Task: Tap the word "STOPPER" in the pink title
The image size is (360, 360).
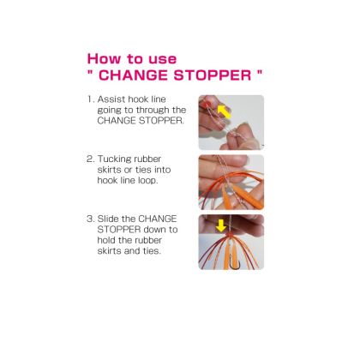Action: coord(213,75)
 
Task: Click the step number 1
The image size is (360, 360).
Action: coord(90,99)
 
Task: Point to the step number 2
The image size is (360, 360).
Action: coord(90,159)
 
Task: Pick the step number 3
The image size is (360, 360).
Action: coord(90,219)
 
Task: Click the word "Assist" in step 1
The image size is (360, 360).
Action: coord(111,99)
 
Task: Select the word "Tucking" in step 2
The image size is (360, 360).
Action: coord(113,159)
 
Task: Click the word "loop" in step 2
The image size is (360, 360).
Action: coord(147,181)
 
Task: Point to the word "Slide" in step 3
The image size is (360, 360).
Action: coord(108,219)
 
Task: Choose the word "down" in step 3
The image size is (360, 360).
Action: coord(154,230)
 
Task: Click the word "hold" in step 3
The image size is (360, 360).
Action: coord(106,240)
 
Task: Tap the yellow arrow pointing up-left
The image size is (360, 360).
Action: coord(224,111)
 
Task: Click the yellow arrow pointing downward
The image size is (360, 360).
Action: coord(221,225)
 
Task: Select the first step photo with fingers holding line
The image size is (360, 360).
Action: coord(231,123)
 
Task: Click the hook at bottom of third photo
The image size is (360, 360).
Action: coord(232,263)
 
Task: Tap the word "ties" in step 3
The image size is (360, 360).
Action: coord(152,251)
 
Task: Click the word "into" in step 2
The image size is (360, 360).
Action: coord(162,170)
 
